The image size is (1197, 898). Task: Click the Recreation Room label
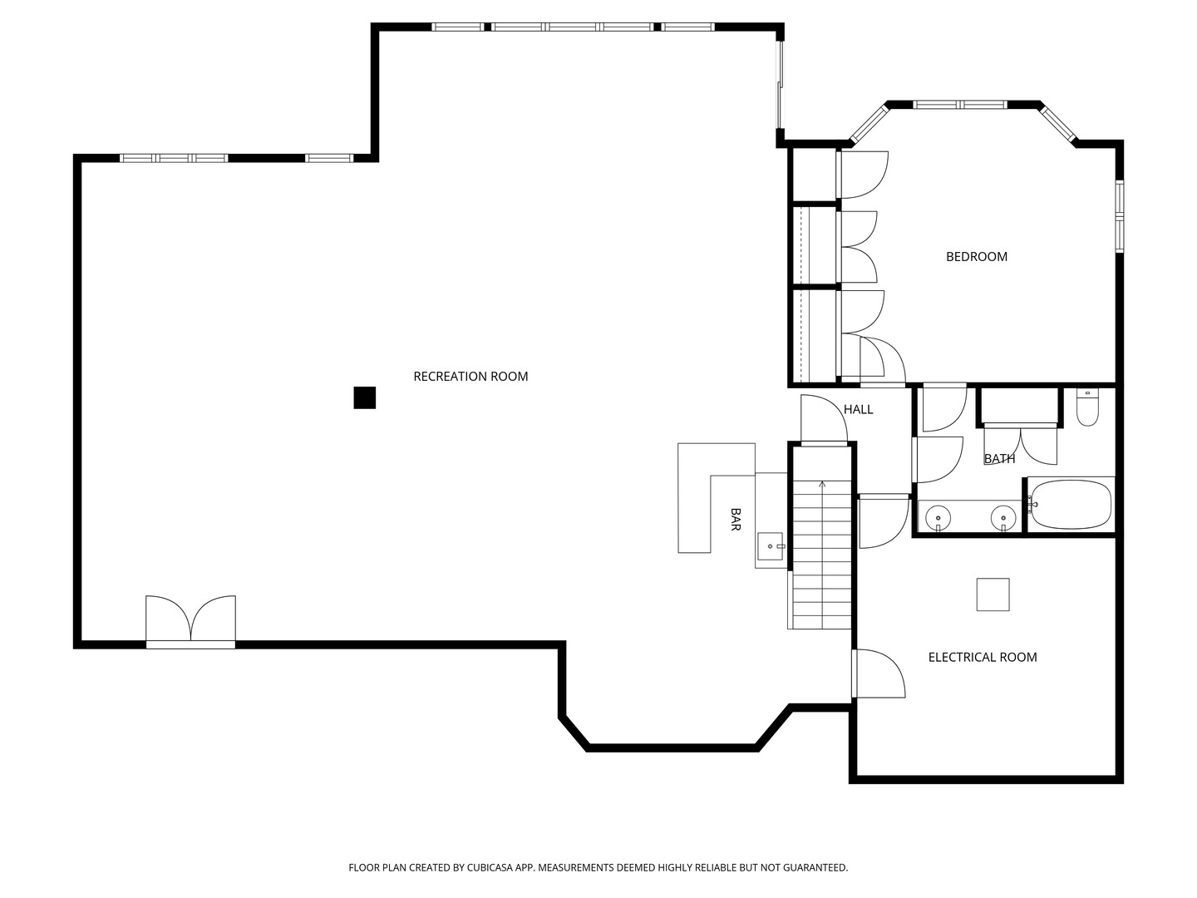pos(470,376)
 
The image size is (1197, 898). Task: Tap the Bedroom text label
pos(977,257)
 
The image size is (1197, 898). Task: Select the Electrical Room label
pos(983,658)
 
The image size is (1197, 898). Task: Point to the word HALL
pos(859,409)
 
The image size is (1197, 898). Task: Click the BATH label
pos(1000,459)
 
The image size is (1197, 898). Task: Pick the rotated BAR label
pos(736,520)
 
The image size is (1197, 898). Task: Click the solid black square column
pos(365,398)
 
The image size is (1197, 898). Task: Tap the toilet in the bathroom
pos(1087,407)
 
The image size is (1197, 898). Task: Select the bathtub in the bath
pos(1071,505)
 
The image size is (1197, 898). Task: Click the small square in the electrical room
pos(993,595)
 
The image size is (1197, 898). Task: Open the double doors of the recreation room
pos(190,621)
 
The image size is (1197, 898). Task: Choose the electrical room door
pos(879,673)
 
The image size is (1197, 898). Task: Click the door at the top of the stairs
pos(824,419)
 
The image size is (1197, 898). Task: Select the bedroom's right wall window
pos(1120,216)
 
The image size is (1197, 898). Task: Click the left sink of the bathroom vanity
pos(938,516)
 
